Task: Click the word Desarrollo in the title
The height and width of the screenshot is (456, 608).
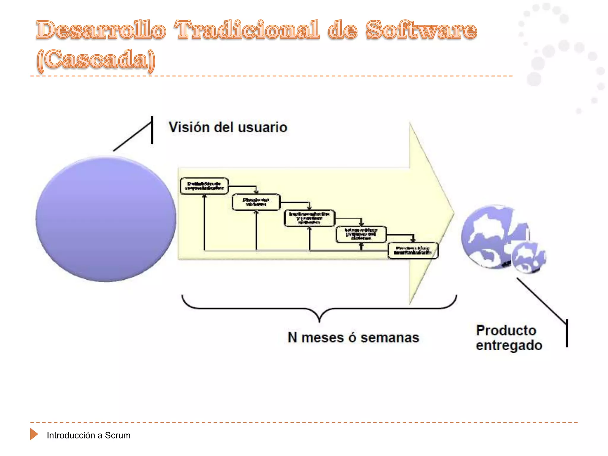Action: [101, 30]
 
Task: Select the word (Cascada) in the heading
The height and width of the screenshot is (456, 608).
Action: [96, 60]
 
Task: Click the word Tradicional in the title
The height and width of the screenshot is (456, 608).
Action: [247, 30]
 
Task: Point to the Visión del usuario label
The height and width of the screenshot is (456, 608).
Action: [228, 127]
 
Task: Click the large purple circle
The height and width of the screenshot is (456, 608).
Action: [106, 219]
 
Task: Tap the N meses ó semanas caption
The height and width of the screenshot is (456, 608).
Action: [353, 338]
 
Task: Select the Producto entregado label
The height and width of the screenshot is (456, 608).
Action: [509, 338]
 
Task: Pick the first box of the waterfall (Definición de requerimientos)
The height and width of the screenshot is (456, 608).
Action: [204, 186]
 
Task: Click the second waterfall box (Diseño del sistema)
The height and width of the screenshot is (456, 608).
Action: [256, 202]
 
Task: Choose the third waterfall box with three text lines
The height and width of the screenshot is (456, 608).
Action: [309, 218]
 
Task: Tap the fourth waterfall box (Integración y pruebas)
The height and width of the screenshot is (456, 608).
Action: [361, 234]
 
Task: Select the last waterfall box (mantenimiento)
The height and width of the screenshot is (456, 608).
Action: [413, 250]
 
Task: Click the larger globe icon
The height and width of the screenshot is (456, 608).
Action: [490, 236]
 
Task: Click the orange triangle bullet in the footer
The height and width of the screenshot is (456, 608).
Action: [34, 434]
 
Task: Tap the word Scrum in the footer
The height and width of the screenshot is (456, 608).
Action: [118, 435]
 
